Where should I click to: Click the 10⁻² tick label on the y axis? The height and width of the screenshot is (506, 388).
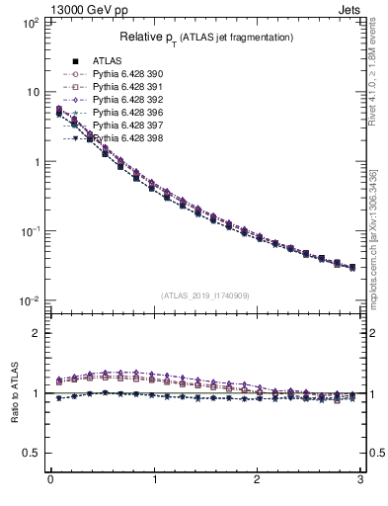pos(29,301)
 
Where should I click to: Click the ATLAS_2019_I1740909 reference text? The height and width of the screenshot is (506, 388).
pos(204,295)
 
